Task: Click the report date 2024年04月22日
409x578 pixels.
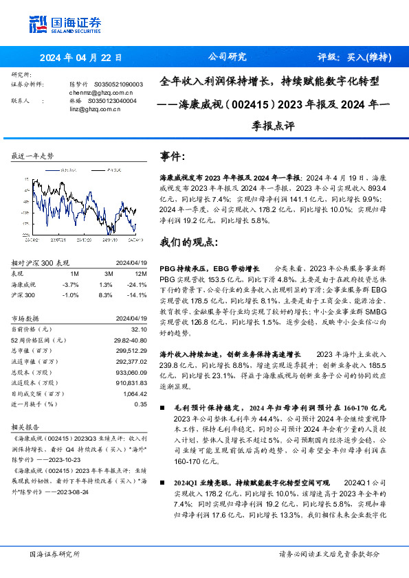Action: [81, 58]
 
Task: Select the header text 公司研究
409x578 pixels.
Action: [227, 58]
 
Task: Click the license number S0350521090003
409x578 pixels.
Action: [113, 84]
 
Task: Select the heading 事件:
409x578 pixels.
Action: [173, 157]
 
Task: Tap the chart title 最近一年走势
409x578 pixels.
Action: [33, 156]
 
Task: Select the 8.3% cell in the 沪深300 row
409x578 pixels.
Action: [106, 295]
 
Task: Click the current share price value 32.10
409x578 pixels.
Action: [140, 329]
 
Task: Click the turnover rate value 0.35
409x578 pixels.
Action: [140, 404]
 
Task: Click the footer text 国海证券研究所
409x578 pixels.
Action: [54, 553]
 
